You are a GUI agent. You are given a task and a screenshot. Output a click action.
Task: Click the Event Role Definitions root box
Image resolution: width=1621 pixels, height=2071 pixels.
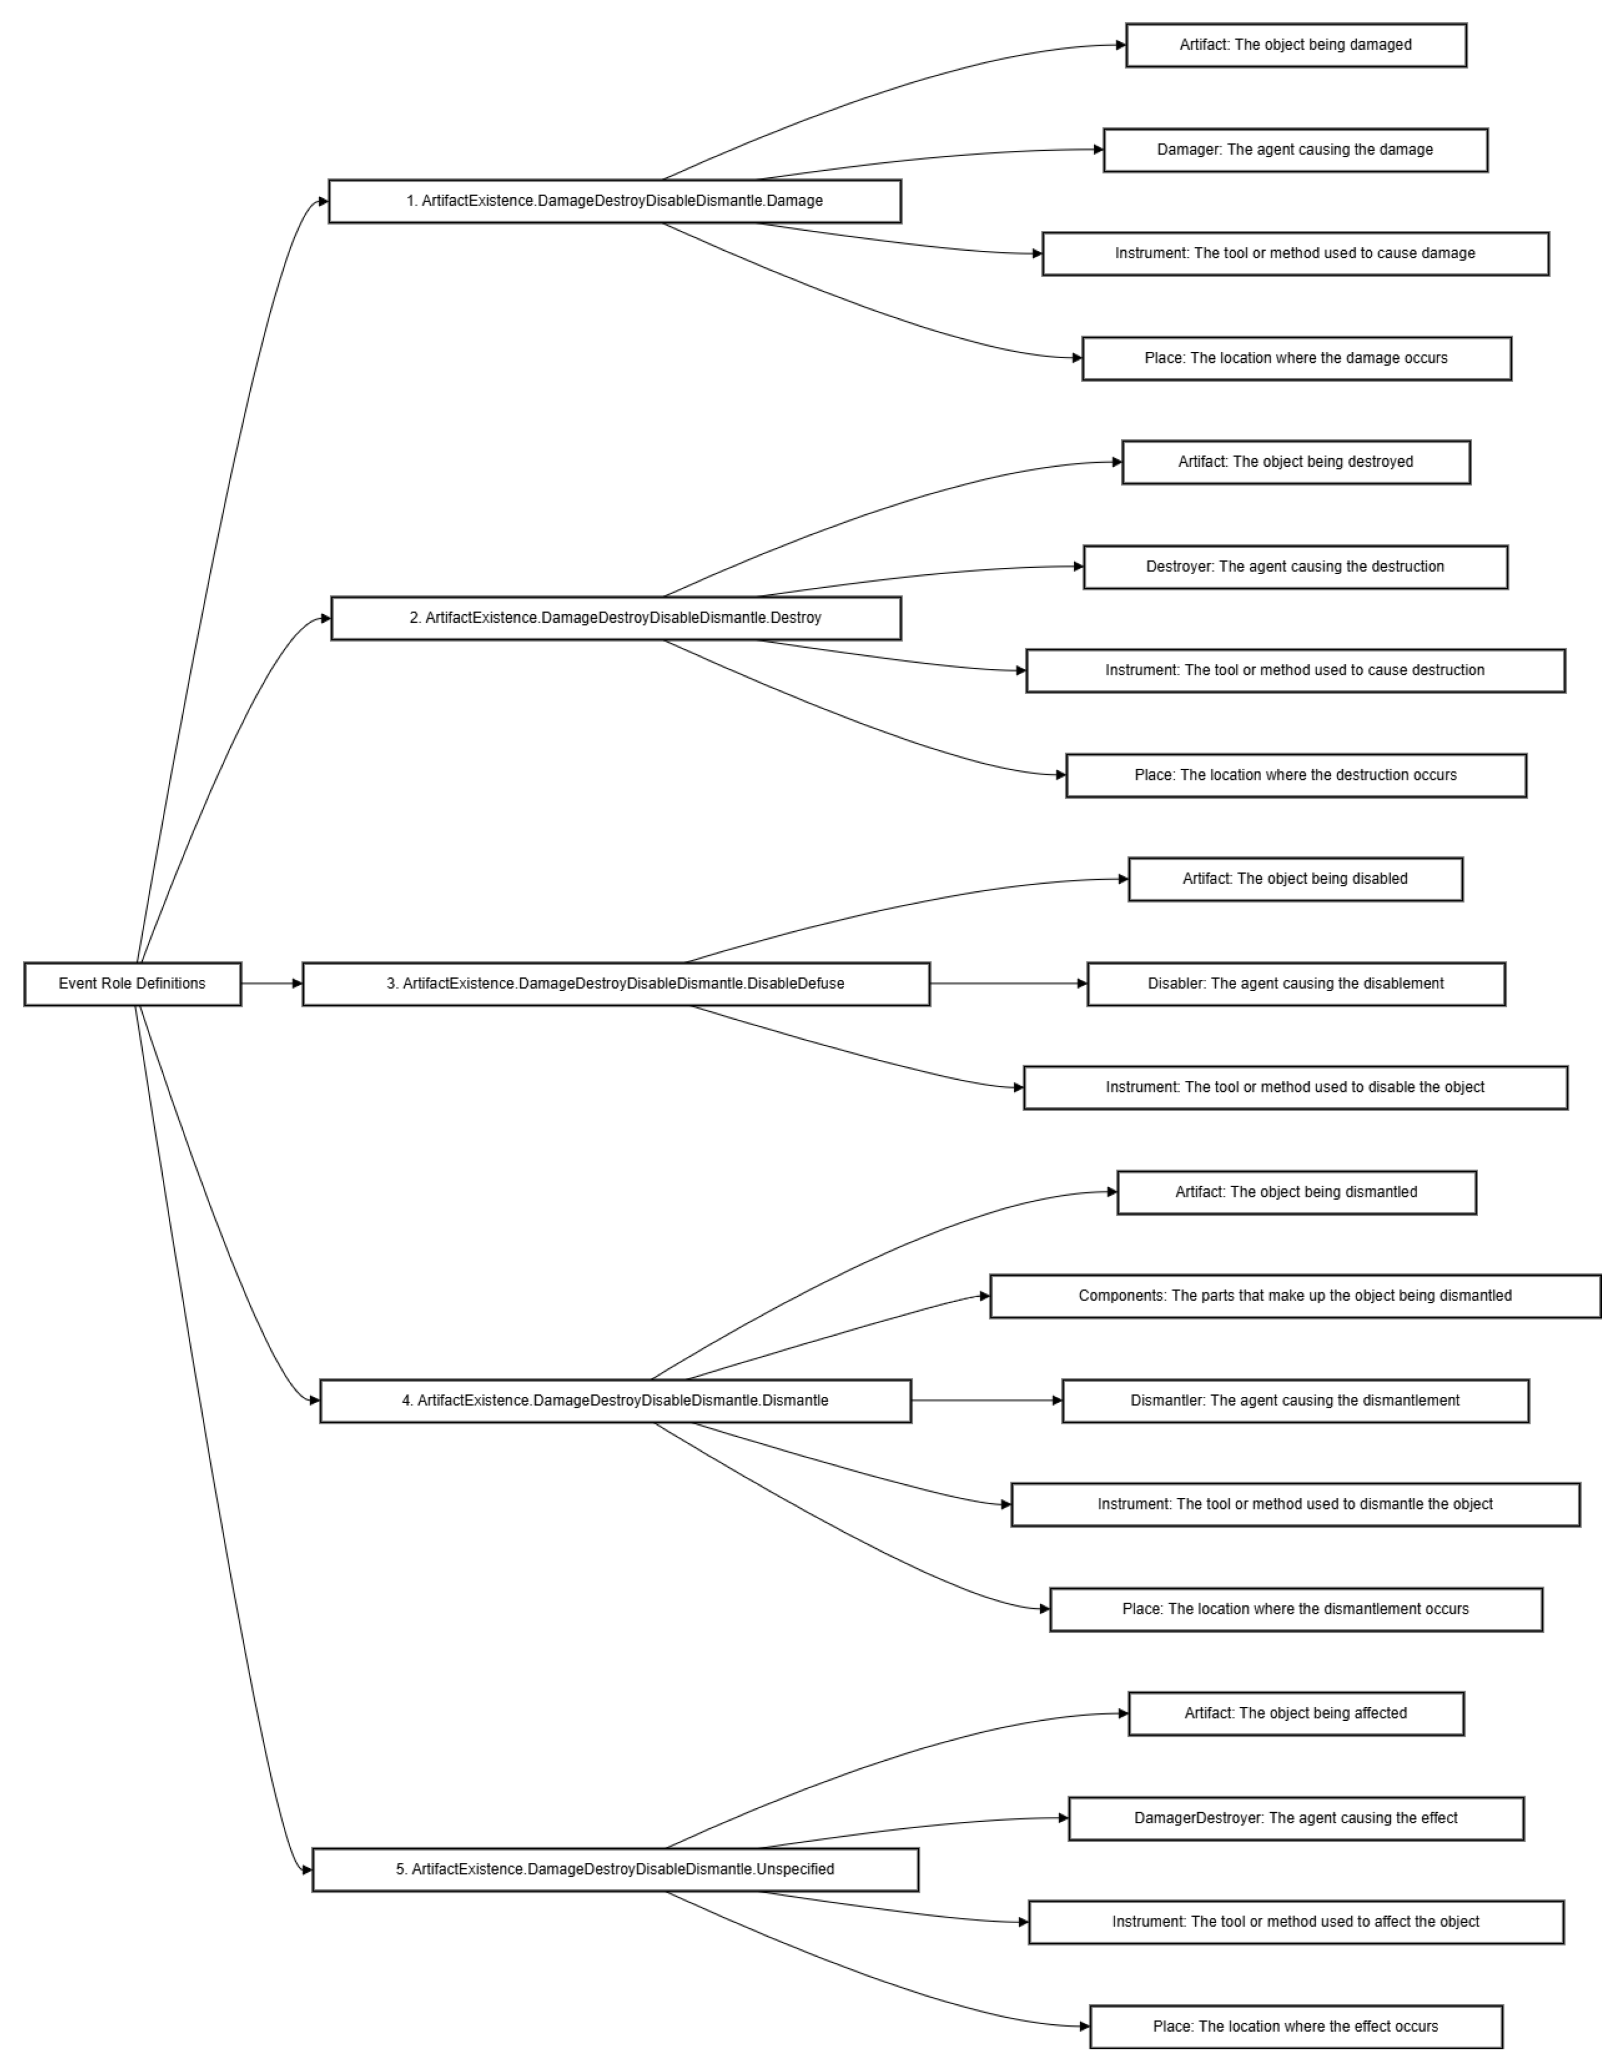(x=132, y=983)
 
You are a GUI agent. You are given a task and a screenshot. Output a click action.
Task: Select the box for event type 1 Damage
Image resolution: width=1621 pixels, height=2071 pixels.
(x=614, y=201)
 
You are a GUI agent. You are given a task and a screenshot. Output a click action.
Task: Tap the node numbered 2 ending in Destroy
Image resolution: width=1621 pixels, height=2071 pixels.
(x=615, y=618)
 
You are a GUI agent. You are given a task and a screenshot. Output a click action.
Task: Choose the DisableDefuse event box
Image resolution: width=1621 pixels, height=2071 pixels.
(x=615, y=983)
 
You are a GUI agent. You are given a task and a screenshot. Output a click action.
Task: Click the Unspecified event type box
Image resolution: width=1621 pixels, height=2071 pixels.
(x=615, y=1869)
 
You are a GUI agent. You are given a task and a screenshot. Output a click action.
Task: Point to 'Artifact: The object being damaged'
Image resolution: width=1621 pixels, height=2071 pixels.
(x=1295, y=45)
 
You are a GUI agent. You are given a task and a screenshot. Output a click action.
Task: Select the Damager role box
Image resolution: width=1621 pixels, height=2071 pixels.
(x=1294, y=150)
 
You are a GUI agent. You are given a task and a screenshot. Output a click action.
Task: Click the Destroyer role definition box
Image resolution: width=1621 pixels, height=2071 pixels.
(x=1294, y=567)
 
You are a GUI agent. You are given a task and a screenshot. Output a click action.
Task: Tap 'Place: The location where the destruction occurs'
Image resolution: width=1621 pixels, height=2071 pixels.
(x=1295, y=775)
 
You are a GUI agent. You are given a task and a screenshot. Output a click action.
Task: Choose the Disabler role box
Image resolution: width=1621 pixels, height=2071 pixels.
(x=1295, y=983)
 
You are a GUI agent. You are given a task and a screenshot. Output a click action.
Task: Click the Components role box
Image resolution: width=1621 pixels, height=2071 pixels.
(x=1294, y=1296)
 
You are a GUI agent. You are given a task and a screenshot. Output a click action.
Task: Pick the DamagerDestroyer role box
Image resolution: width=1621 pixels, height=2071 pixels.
(x=1295, y=1817)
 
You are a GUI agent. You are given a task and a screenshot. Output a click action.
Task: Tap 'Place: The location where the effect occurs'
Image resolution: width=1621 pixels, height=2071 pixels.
(x=1295, y=2026)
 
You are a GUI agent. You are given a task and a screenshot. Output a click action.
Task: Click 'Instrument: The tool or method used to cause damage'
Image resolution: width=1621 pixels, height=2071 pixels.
(x=1294, y=254)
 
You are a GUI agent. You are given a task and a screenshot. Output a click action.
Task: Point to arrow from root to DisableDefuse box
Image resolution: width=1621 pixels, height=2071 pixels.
(x=271, y=983)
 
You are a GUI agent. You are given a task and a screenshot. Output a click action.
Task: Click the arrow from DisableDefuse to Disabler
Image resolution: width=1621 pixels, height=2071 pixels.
(x=1008, y=983)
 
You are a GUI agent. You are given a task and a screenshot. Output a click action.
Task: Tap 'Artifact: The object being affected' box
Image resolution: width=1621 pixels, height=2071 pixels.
(x=1295, y=1713)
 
